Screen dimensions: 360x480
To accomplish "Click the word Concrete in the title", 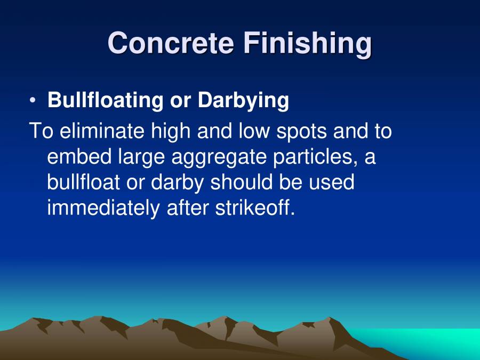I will click(x=171, y=43).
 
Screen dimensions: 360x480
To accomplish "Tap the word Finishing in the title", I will click(x=308, y=44).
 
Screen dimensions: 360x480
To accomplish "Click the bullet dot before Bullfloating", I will click(x=33, y=100).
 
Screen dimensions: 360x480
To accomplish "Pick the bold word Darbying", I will click(x=244, y=100).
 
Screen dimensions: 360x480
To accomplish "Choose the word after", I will click(x=187, y=207).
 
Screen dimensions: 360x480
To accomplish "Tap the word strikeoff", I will click(x=255, y=207).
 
